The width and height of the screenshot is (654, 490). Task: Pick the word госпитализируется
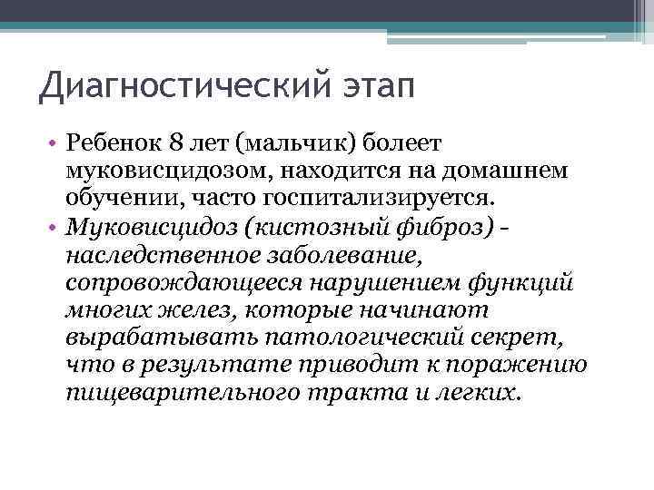pyautogui.click(x=391, y=196)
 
